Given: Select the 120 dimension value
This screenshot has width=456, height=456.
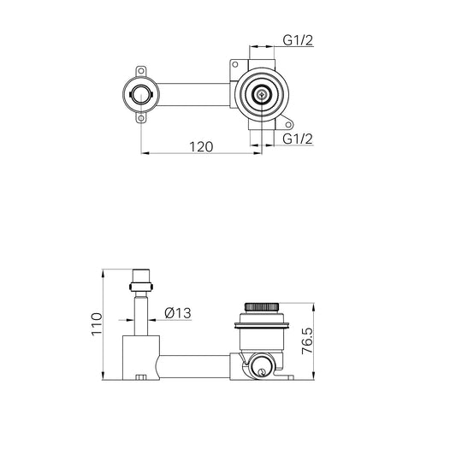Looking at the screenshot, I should tap(200, 147).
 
